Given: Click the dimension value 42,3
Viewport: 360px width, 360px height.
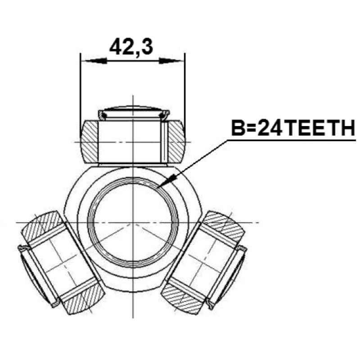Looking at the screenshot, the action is (x=131, y=47).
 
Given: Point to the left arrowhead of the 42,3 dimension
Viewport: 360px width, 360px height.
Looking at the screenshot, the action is (x=94, y=61).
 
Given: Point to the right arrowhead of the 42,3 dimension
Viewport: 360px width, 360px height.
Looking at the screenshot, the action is (x=171, y=61).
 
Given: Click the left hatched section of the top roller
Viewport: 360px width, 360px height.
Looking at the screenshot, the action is (x=90, y=142).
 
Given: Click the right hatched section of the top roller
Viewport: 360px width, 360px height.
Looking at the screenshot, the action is (x=176, y=142).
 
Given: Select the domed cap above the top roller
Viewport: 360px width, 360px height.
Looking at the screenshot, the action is (x=134, y=113).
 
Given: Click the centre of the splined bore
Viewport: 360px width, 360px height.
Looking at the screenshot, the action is (x=133, y=222).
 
